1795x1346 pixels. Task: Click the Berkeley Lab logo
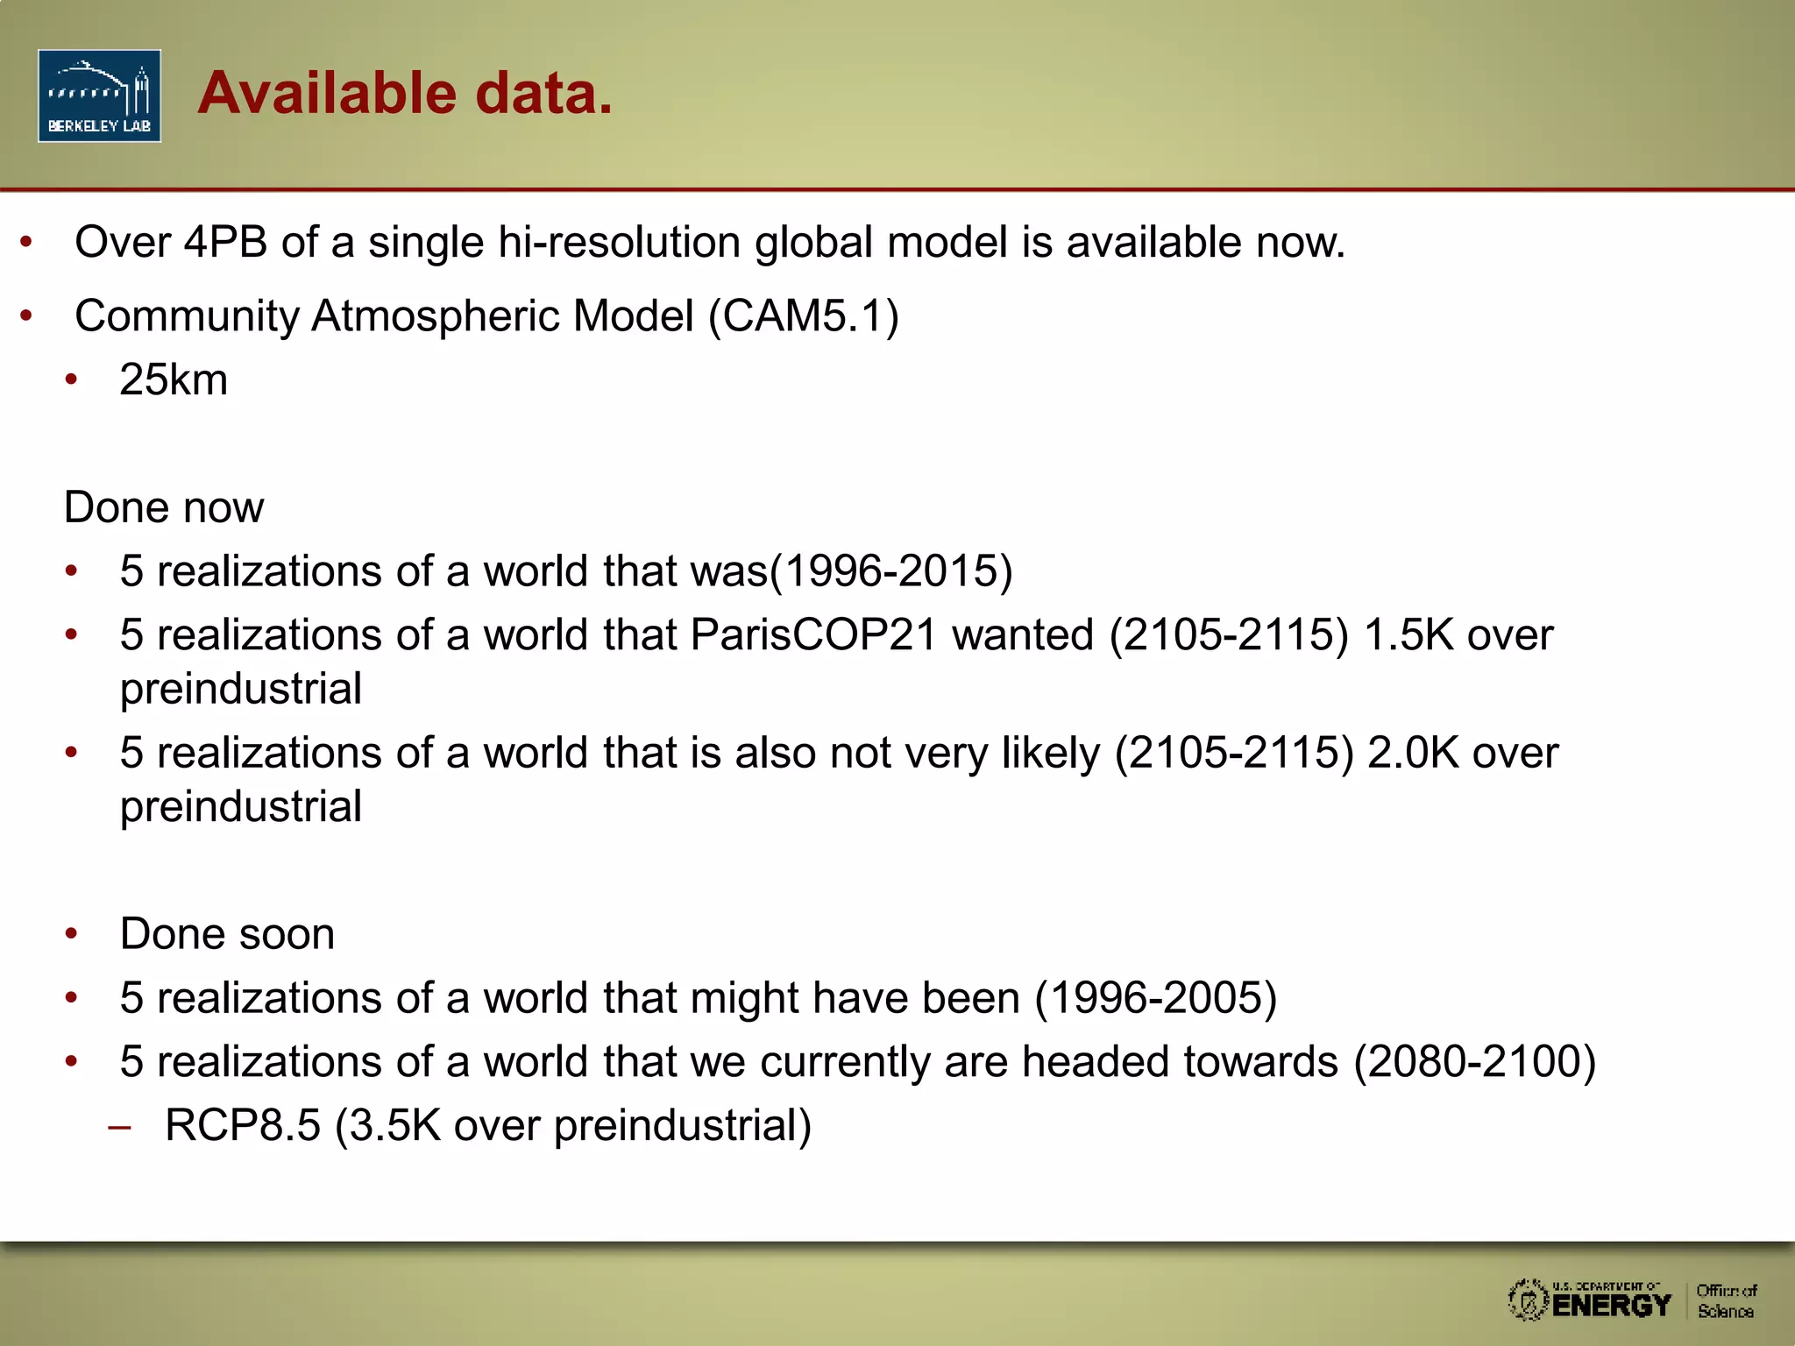(x=99, y=96)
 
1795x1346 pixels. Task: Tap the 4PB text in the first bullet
(x=225, y=242)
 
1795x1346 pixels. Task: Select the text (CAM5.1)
(x=804, y=315)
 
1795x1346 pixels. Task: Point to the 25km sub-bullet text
(x=174, y=379)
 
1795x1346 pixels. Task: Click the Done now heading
(x=164, y=507)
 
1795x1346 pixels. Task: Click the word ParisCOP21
(x=814, y=634)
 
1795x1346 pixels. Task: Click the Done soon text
(x=228, y=934)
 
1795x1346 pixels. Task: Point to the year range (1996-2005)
(x=1156, y=998)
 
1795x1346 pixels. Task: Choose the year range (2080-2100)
(x=1474, y=1062)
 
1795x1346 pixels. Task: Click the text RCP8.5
(x=243, y=1126)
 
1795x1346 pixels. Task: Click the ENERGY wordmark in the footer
(x=1611, y=1306)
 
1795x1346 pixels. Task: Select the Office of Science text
(x=1726, y=1301)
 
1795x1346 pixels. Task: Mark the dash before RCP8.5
(x=119, y=1128)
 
